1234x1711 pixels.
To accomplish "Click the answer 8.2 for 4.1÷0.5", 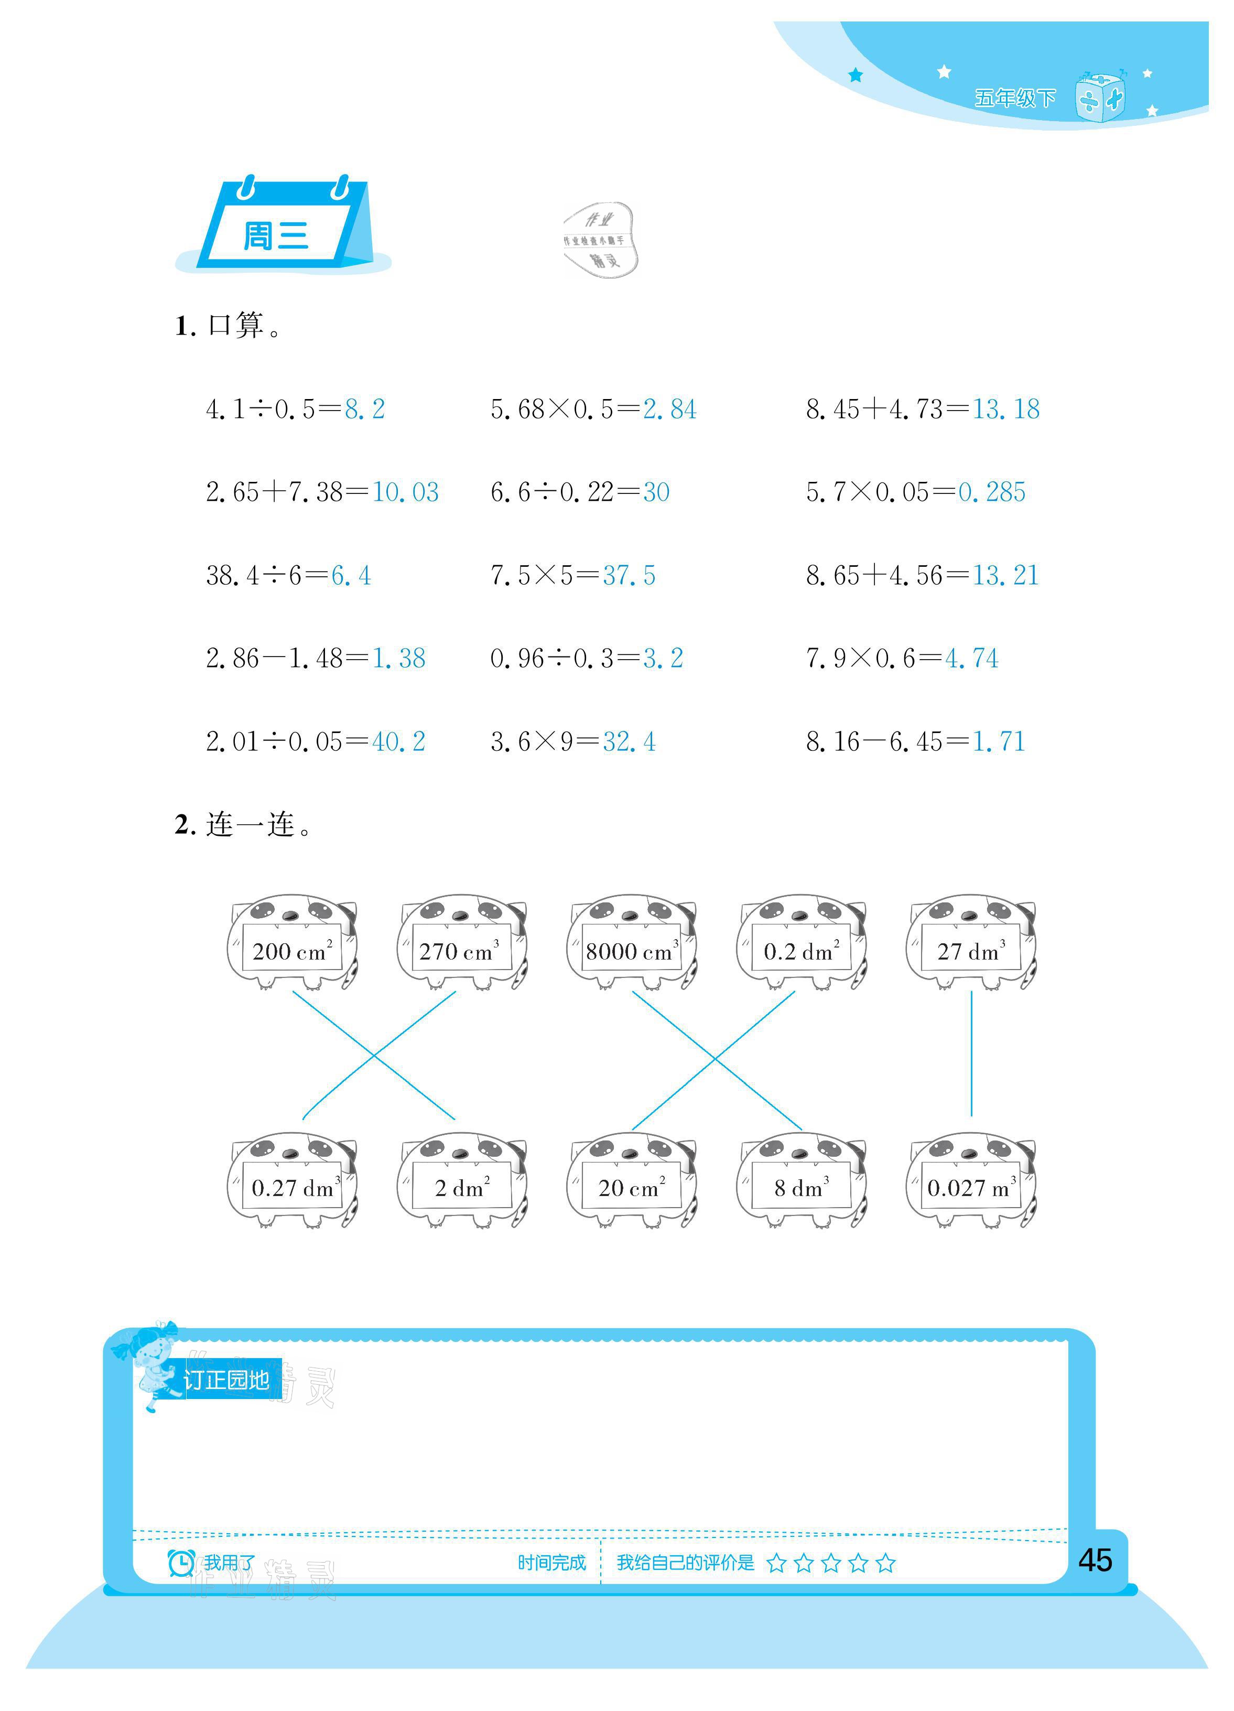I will click(364, 410).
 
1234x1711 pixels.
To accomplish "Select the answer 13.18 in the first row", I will click(1005, 410).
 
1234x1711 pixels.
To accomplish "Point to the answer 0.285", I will click(991, 492).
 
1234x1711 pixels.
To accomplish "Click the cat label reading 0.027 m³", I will click(971, 1189).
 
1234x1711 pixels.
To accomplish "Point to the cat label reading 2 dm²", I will click(462, 1189).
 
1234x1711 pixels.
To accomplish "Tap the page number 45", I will click(1095, 1560).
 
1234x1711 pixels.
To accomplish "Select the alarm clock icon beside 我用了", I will click(181, 1563).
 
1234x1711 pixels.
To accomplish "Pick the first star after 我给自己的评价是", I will click(776, 1563).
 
